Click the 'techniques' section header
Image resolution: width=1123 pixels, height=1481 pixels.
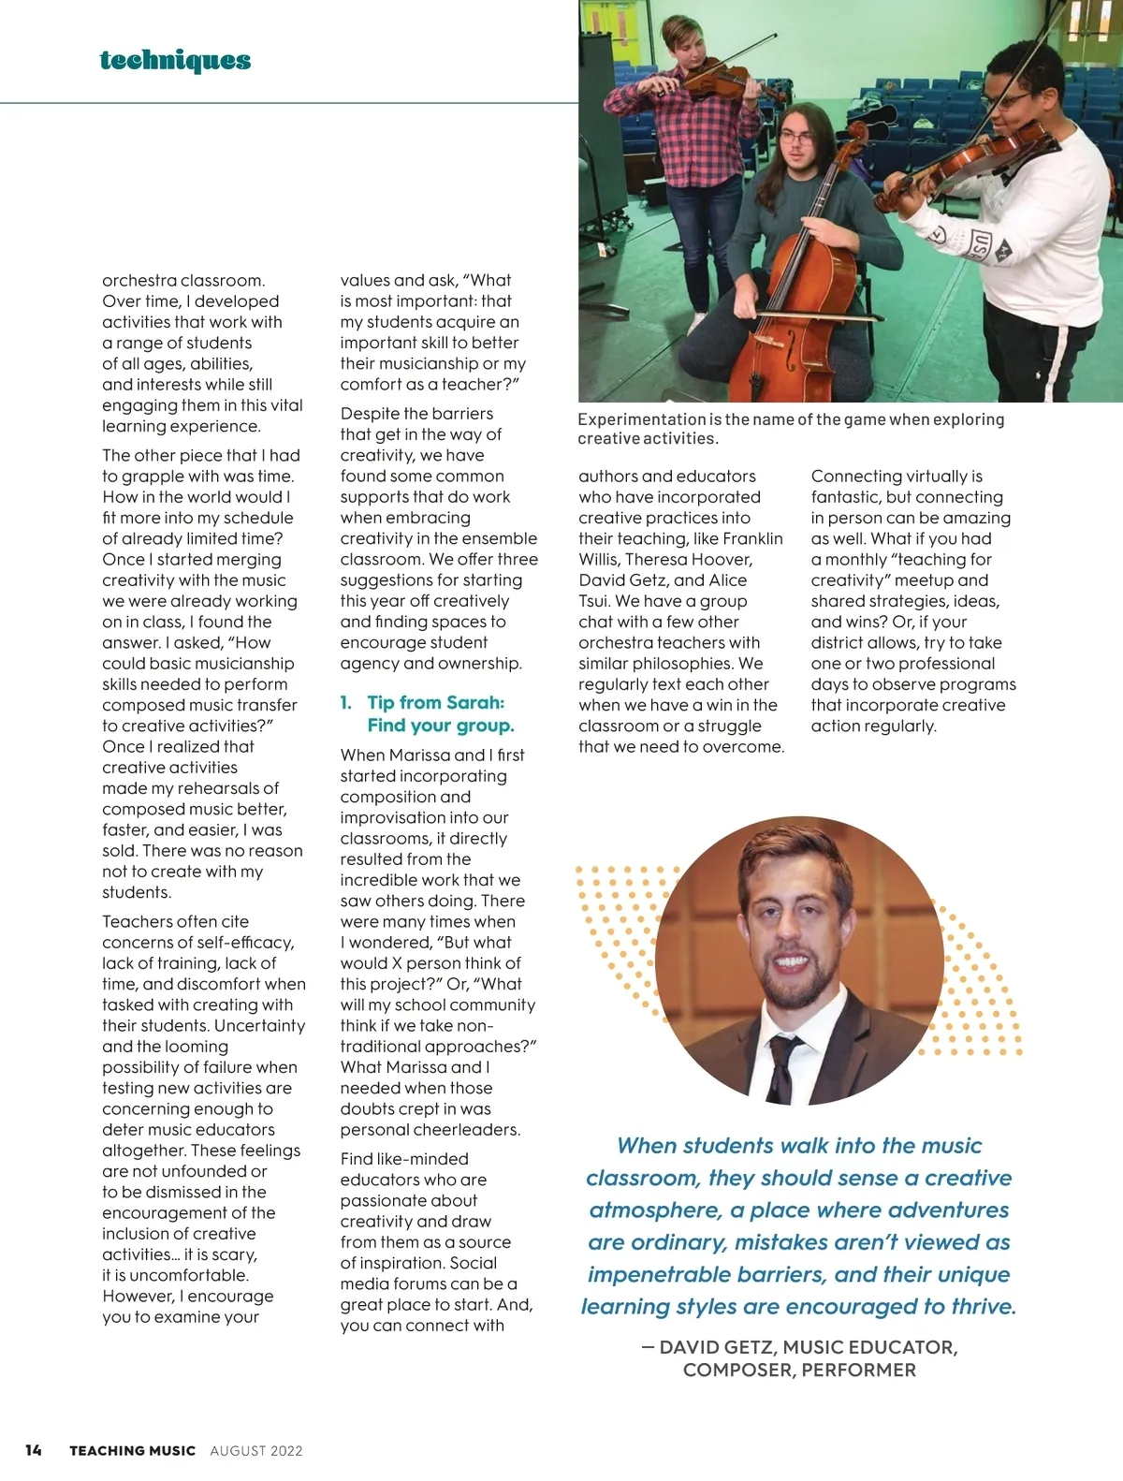coord(175,61)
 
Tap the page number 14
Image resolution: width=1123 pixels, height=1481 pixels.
coord(34,1450)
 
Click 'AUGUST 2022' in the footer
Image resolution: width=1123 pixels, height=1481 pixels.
coord(256,1451)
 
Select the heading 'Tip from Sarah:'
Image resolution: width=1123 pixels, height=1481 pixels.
coord(435,702)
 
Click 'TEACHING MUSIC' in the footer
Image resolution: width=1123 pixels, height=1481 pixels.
coord(132,1451)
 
